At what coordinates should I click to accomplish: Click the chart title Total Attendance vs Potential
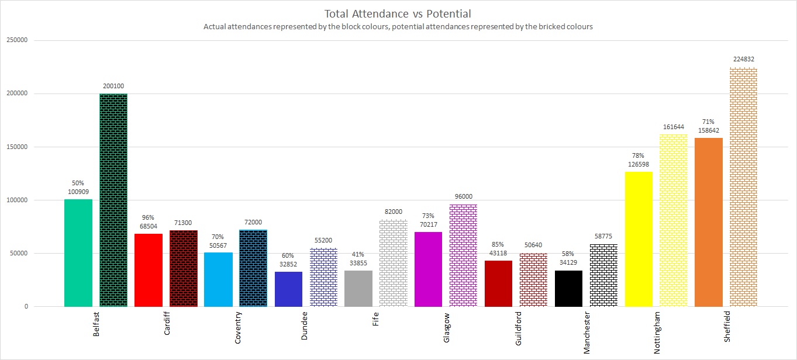tap(398, 13)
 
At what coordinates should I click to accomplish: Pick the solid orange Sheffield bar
tap(709, 222)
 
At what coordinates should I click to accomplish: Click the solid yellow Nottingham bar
tap(639, 239)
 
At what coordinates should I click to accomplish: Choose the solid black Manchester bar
tap(568, 288)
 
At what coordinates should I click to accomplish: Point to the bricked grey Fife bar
tap(394, 263)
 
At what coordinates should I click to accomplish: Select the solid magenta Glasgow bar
tap(429, 269)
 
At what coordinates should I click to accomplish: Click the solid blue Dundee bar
tap(288, 289)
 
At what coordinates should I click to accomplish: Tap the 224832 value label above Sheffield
tap(744, 59)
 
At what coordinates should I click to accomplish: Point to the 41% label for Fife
tap(358, 254)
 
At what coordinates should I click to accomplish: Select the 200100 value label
tap(113, 85)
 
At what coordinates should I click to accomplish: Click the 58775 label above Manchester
tap(603, 236)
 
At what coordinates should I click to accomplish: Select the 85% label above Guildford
tap(499, 245)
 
